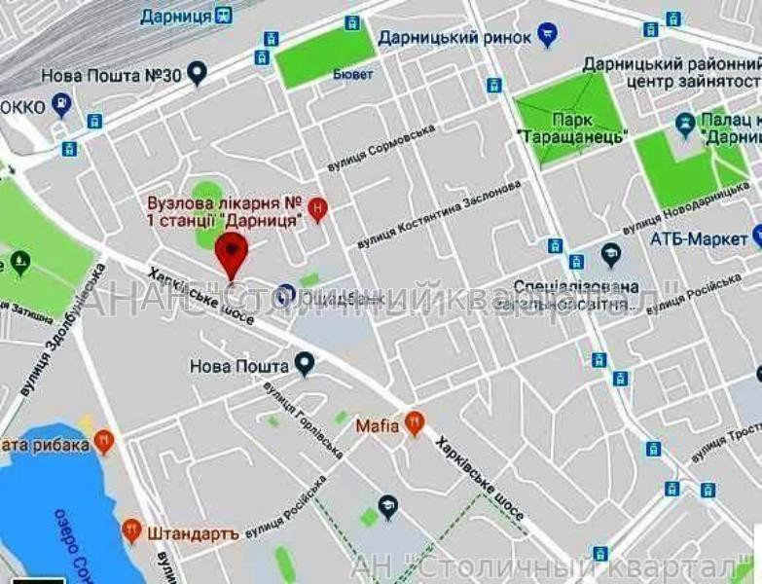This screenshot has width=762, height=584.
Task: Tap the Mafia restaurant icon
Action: coord(416,423)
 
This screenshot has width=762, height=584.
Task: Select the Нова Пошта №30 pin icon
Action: coord(198,73)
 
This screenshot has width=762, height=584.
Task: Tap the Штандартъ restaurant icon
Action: coord(132,530)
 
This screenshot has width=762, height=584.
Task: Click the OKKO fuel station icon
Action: coord(62,104)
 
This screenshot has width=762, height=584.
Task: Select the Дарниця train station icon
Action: coord(226,15)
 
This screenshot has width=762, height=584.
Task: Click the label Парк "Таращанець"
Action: coord(569,127)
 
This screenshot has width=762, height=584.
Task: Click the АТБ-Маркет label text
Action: coord(697,237)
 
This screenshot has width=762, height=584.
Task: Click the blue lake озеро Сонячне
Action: coord(49,506)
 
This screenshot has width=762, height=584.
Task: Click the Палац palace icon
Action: coord(685,126)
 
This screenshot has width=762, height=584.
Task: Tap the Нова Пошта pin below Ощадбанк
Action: coord(305,365)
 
